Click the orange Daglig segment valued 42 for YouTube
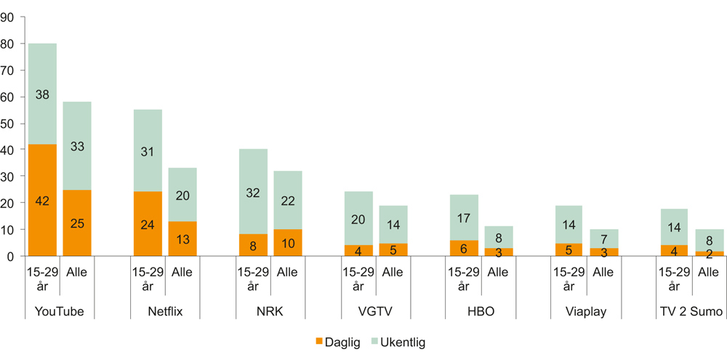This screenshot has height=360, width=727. pyautogui.click(x=43, y=200)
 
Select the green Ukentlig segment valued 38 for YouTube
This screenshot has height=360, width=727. pyautogui.click(x=43, y=94)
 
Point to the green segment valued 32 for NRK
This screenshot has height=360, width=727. pyautogui.click(x=253, y=192)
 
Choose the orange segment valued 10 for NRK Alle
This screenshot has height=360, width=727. pyautogui.click(x=288, y=242)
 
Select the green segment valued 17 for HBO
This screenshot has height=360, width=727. pyautogui.click(x=464, y=217)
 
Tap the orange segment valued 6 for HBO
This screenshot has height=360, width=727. pyautogui.click(x=464, y=248)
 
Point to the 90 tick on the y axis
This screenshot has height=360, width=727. pyautogui.click(x=9, y=17)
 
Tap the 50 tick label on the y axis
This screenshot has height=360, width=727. pyautogui.click(x=9, y=124)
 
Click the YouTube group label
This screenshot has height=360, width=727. pyautogui.click(x=60, y=312)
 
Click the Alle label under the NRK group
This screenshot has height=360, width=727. pyautogui.click(x=288, y=273)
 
